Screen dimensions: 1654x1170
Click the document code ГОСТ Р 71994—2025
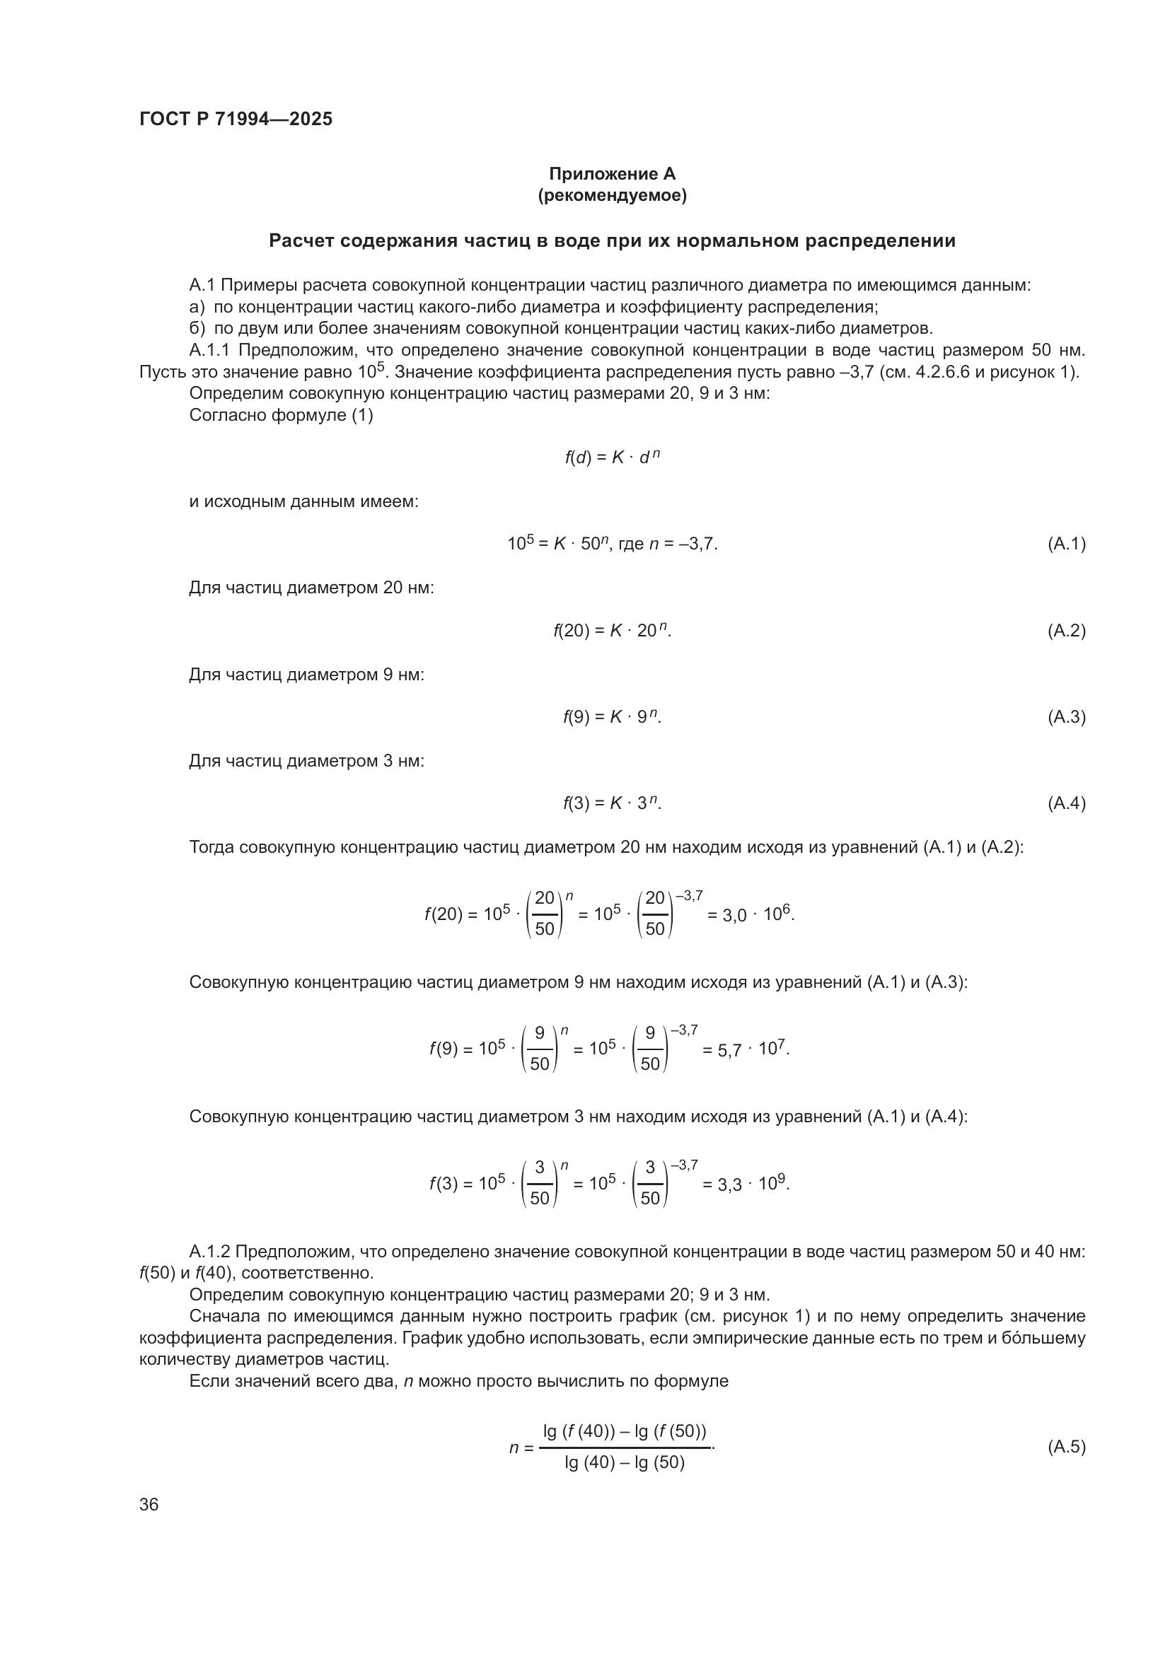tap(236, 120)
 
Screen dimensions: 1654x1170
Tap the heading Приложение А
tap(612, 174)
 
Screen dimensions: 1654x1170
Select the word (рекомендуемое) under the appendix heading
tap(612, 195)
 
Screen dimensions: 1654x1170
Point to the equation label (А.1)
tap(1065, 544)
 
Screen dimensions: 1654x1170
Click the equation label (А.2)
tap(1065, 631)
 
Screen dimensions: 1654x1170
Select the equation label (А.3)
tap(1065, 717)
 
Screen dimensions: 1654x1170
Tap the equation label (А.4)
tap(1065, 803)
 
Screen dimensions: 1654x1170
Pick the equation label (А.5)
tap(1065, 1447)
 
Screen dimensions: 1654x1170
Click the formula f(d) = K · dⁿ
tap(612, 458)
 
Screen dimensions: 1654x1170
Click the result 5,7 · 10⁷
tap(745, 1049)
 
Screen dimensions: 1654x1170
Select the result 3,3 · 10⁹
tap(745, 1184)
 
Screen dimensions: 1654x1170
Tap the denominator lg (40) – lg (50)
tap(624, 1463)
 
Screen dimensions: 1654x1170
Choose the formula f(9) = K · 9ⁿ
tap(612, 717)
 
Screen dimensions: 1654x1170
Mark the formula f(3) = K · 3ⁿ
tap(612, 803)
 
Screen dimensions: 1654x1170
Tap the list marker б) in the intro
tap(197, 330)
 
